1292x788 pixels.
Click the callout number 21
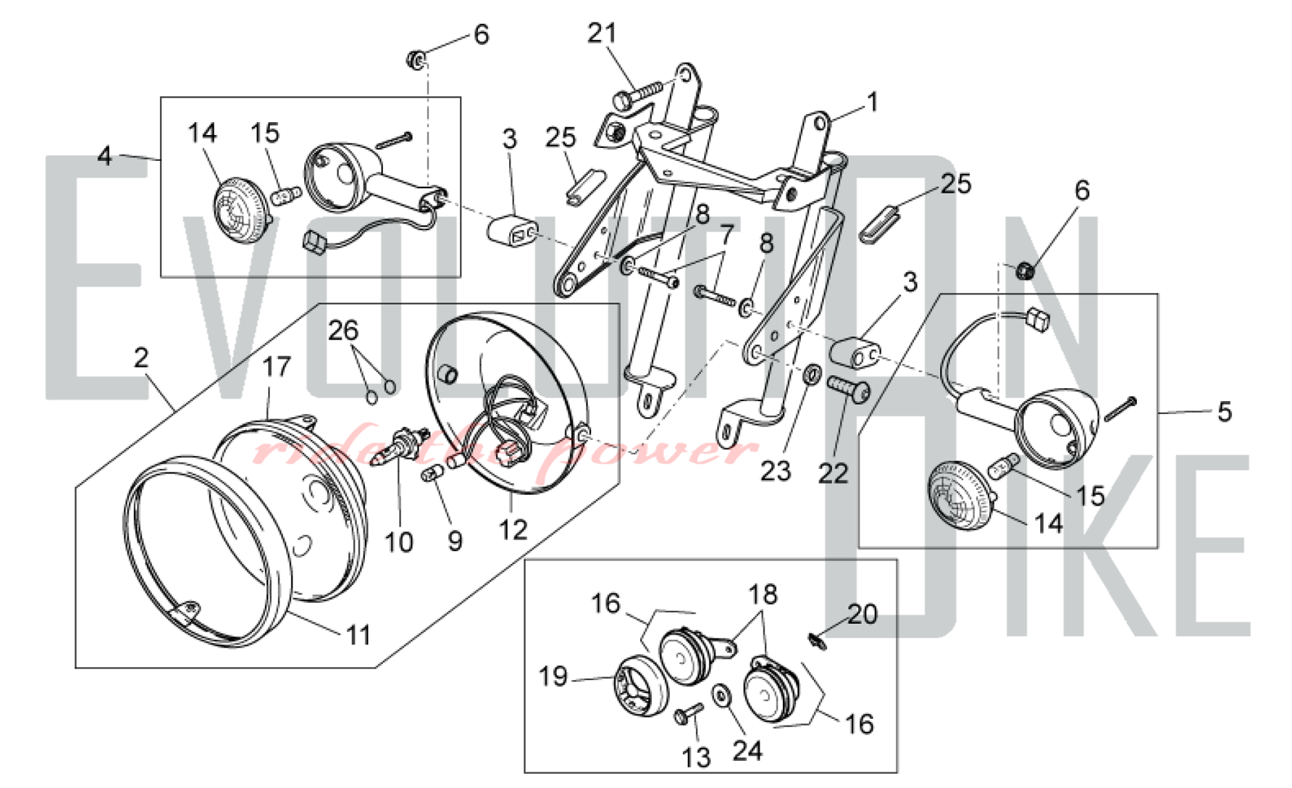602,33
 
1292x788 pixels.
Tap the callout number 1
873,102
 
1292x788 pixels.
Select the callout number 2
141,357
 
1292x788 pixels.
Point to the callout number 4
105,156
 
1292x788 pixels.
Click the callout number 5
1224,411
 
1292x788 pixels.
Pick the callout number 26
343,330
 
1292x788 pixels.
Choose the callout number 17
276,366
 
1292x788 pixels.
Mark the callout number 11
359,635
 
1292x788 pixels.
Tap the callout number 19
553,676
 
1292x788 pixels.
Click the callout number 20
862,614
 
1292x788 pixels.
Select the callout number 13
696,757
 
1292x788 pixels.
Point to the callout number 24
747,751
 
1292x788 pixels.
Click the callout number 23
775,471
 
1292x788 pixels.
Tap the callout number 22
833,473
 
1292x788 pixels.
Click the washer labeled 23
813,373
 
